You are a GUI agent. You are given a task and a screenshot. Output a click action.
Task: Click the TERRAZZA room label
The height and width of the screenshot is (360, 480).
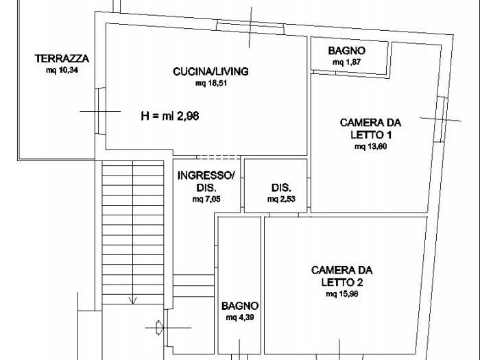coord(62,59)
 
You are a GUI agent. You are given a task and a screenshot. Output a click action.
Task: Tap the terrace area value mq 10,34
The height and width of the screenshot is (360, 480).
coord(62,70)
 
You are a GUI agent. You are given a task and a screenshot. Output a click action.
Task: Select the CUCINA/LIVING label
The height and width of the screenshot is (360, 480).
coord(200,71)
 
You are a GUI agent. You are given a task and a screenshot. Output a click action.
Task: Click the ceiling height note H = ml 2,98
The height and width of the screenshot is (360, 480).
coord(169,116)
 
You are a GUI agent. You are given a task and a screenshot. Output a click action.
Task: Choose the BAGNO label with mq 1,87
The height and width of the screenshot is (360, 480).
coord(346,51)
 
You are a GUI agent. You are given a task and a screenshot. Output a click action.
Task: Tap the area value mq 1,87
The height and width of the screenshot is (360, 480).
coord(346,62)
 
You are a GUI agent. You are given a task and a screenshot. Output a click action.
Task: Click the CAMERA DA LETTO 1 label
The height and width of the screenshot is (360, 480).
coord(370,128)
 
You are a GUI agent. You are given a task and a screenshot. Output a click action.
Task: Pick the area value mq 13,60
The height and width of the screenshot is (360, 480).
coord(370,146)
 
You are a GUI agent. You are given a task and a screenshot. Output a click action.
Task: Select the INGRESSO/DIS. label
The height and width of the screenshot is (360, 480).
coord(206,181)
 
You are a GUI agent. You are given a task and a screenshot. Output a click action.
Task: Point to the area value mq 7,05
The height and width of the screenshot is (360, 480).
coord(206,200)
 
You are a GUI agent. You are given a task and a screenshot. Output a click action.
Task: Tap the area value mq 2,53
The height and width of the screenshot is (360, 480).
coord(281,200)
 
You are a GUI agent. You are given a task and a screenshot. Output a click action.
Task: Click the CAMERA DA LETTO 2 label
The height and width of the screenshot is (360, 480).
coord(341,276)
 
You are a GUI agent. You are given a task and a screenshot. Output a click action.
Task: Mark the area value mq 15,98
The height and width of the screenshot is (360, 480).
coord(341,293)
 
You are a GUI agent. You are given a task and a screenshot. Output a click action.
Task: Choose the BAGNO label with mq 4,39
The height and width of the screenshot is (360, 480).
coord(239,306)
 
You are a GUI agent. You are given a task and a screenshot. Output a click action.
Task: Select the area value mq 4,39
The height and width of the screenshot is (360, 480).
coord(239,317)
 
